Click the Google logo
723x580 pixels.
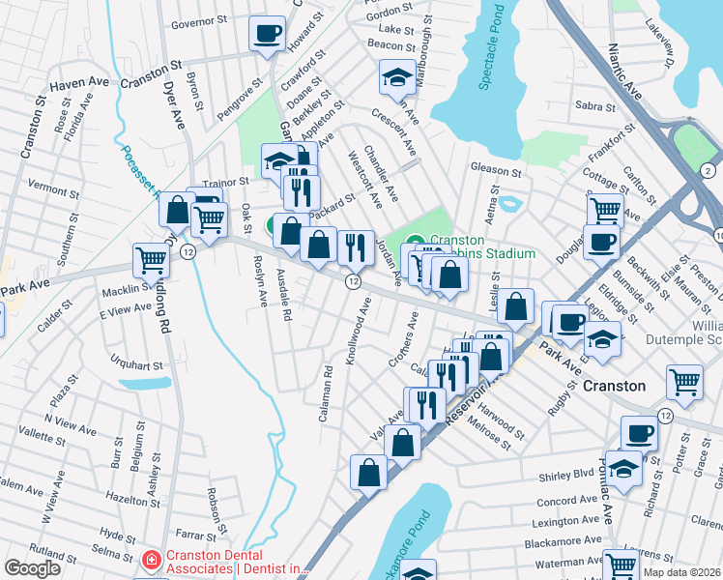[32, 568]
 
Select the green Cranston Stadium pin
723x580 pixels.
[415, 243]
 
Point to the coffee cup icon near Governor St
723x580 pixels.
[267, 33]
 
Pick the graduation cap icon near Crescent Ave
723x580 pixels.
[396, 77]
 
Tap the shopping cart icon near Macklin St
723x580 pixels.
[152, 259]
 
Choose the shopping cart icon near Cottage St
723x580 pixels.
[605, 207]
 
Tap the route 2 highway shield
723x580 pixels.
[708, 170]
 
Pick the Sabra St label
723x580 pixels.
[589, 107]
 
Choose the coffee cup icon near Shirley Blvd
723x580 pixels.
[639, 434]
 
